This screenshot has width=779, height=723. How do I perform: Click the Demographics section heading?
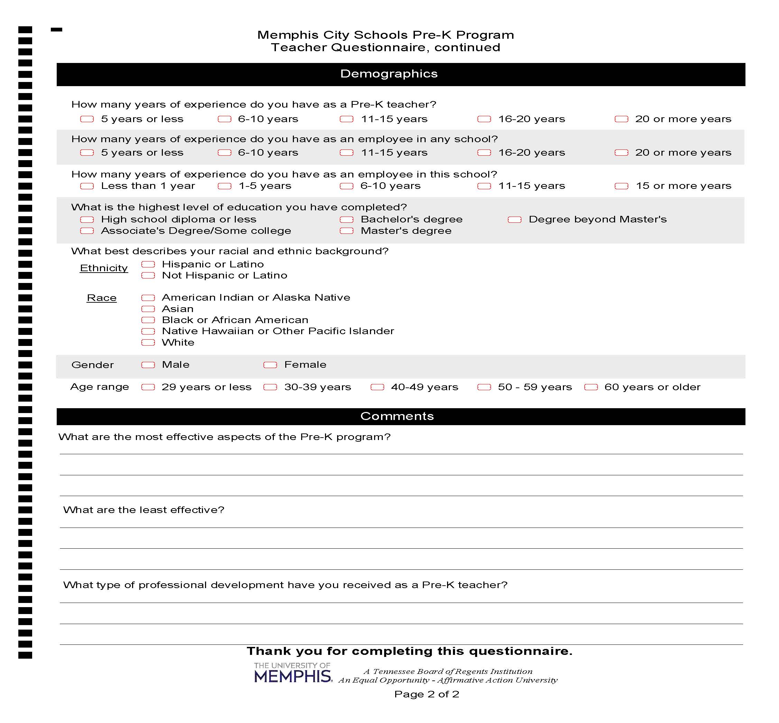[389, 74]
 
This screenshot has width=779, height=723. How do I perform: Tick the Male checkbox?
[148, 365]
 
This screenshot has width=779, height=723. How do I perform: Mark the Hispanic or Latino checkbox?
[148, 265]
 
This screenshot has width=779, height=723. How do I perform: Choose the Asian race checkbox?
[148, 309]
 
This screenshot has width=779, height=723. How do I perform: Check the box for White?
[148, 343]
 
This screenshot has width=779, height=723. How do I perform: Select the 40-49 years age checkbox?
[377, 387]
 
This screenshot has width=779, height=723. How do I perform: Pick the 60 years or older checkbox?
[591, 387]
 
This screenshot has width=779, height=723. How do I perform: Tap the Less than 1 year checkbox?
[87, 186]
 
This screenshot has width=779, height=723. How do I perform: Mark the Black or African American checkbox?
[148, 320]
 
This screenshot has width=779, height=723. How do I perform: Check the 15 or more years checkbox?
[621, 186]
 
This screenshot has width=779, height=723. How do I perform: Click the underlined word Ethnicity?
[104, 268]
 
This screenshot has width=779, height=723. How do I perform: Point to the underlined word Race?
[102, 298]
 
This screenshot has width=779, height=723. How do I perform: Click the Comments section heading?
[397, 416]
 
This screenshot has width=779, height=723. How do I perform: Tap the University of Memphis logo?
[293, 673]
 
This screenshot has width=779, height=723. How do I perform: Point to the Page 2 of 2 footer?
[426, 694]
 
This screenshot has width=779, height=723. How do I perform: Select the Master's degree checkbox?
[346, 231]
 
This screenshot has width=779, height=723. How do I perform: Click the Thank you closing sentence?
[409, 651]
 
